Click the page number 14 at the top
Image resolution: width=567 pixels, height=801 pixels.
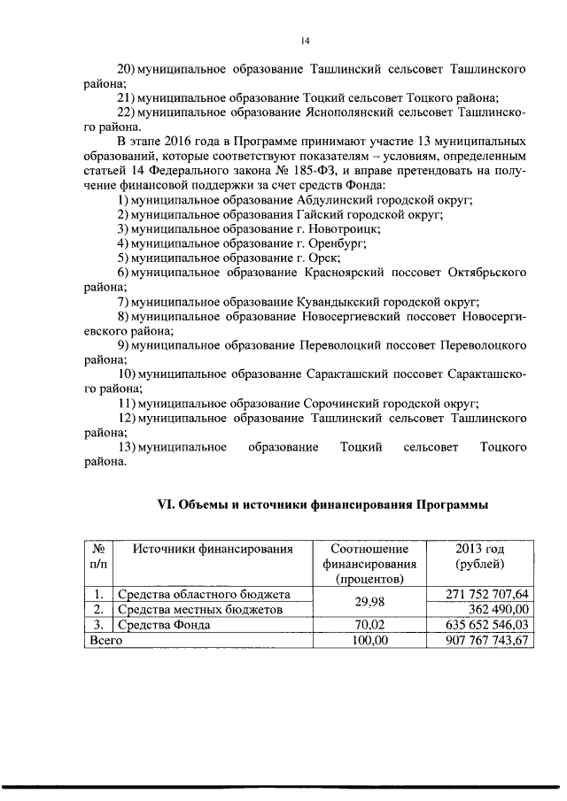pos(305,40)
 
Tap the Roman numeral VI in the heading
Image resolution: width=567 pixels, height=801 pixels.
pos(166,504)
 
